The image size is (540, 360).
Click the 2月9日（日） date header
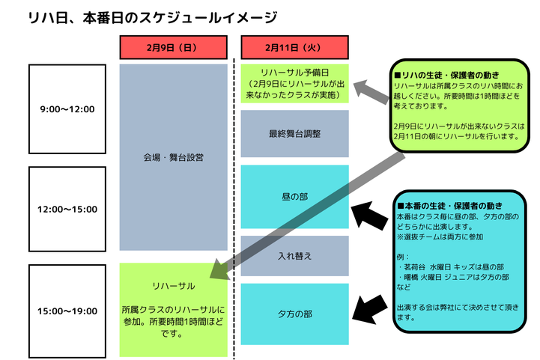pos(173,47)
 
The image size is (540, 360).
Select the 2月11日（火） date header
pos(294,47)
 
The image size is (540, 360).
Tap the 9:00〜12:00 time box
pos(67,109)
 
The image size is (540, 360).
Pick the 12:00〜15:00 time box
pos(67,210)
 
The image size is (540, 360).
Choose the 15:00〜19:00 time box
pos(67,311)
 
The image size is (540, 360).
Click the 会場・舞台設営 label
pos(173,158)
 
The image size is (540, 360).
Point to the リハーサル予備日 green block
pos(294,84)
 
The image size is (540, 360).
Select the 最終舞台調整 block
pos(294,133)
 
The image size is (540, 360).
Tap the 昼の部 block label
pos(294,197)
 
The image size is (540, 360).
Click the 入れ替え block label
pos(294,256)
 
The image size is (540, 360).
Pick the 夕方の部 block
pos(294,314)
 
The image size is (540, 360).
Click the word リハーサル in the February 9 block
pos(174,286)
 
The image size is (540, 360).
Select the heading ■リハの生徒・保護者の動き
pos(446,75)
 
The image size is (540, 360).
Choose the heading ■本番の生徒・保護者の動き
pos(450,206)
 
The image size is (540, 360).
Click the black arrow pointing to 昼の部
pos(369,216)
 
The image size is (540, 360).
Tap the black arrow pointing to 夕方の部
pos(369,309)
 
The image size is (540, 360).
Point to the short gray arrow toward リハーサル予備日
pos(371,91)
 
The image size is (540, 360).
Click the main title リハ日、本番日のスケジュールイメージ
pos(153,17)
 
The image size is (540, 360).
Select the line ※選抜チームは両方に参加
pos(440,237)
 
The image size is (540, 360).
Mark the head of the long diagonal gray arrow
pos(210,278)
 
